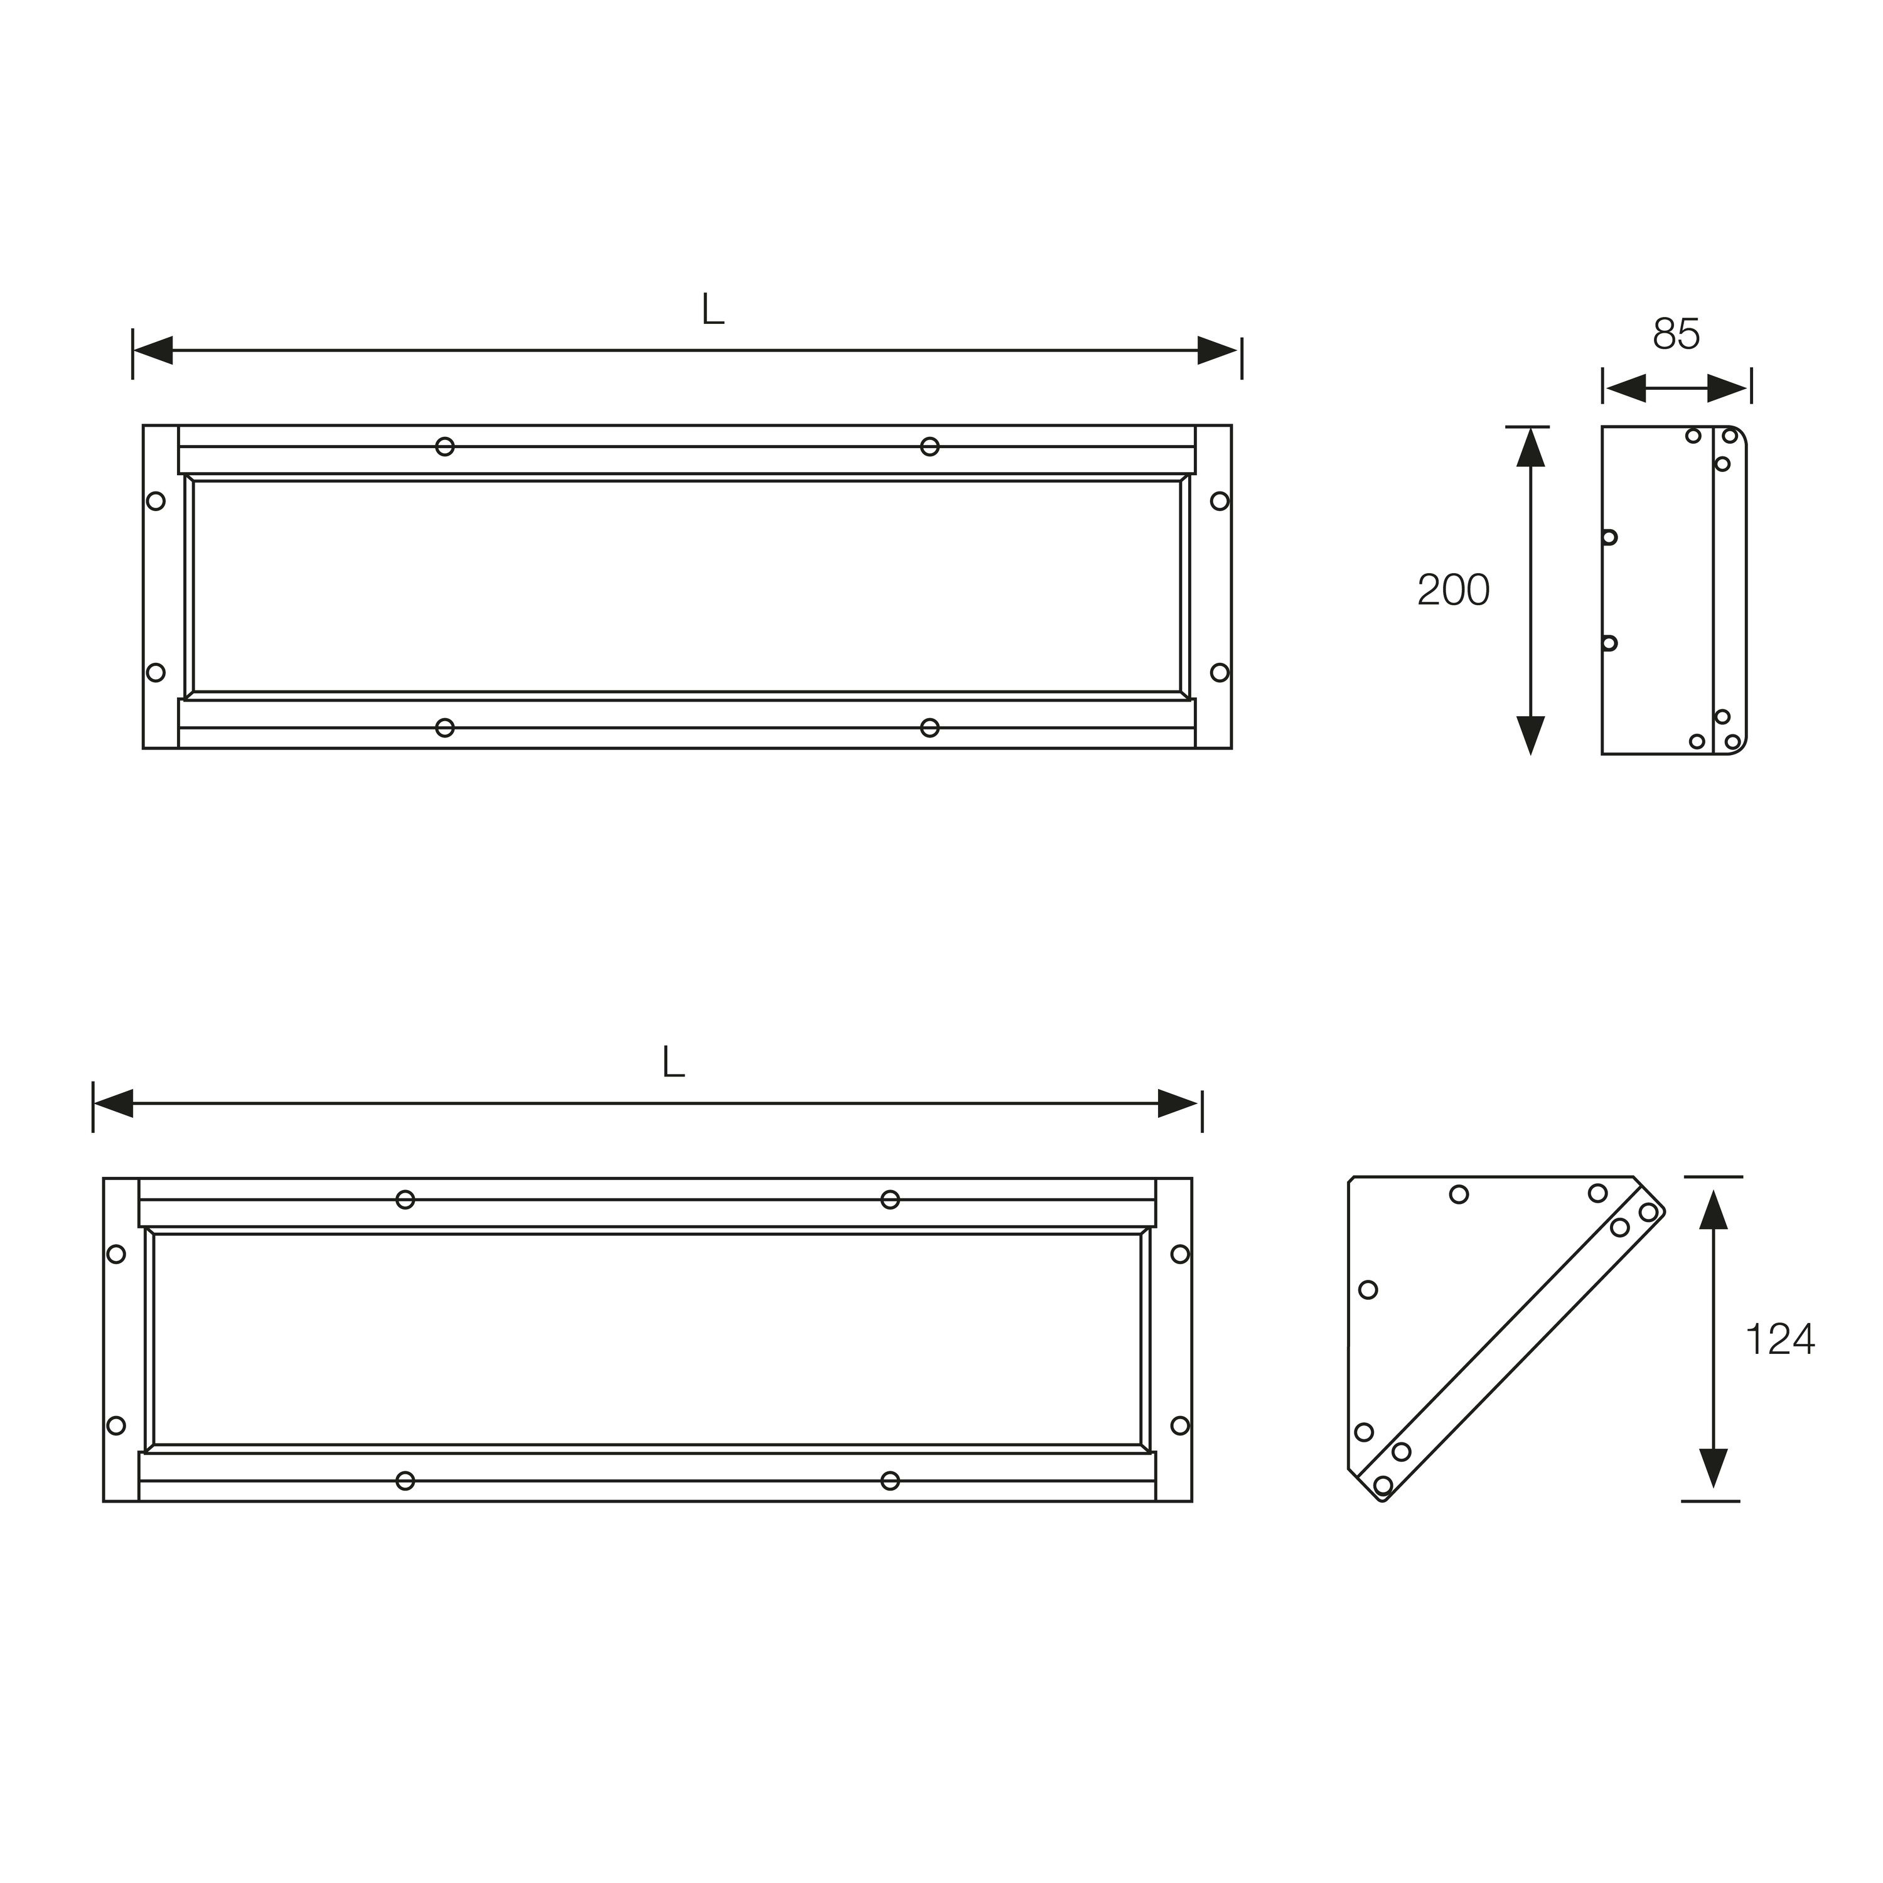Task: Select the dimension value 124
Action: pos(1779,1340)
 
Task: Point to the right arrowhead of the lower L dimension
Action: pos(1178,1104)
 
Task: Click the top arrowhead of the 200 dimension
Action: pos(1531,448)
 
